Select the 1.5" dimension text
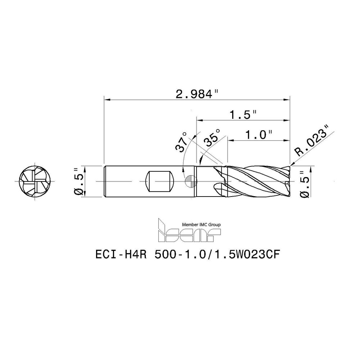(243, 115)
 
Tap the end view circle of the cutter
(35, 181)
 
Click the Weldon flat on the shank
(159, 181)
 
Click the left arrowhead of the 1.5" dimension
(199, 120)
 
